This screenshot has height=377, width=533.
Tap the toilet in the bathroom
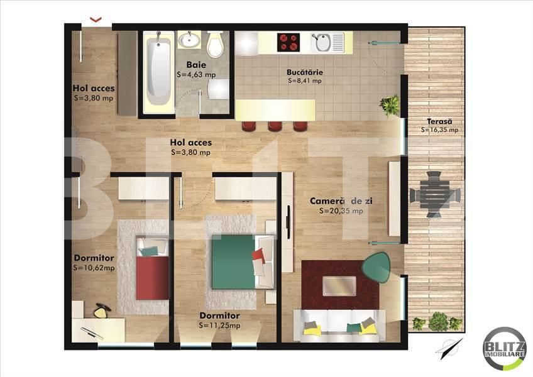[x=215, y=45]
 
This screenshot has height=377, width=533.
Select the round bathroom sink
[x=189, y=41]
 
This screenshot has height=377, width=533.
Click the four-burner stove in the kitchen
[x=288, y=43]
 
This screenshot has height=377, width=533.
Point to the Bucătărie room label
[x=304, y=72]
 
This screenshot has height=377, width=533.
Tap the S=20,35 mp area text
[x=340, y=211]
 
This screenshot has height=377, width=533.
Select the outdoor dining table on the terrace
[x=435, y=195]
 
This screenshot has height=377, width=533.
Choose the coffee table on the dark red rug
[x=339, y=286]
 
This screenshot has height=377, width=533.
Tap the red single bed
[x=152, y=271]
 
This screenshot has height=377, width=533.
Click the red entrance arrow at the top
[x=96, y=19]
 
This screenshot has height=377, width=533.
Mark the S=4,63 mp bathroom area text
[x=196, y=74]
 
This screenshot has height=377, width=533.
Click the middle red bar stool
[x=275, y=126]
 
